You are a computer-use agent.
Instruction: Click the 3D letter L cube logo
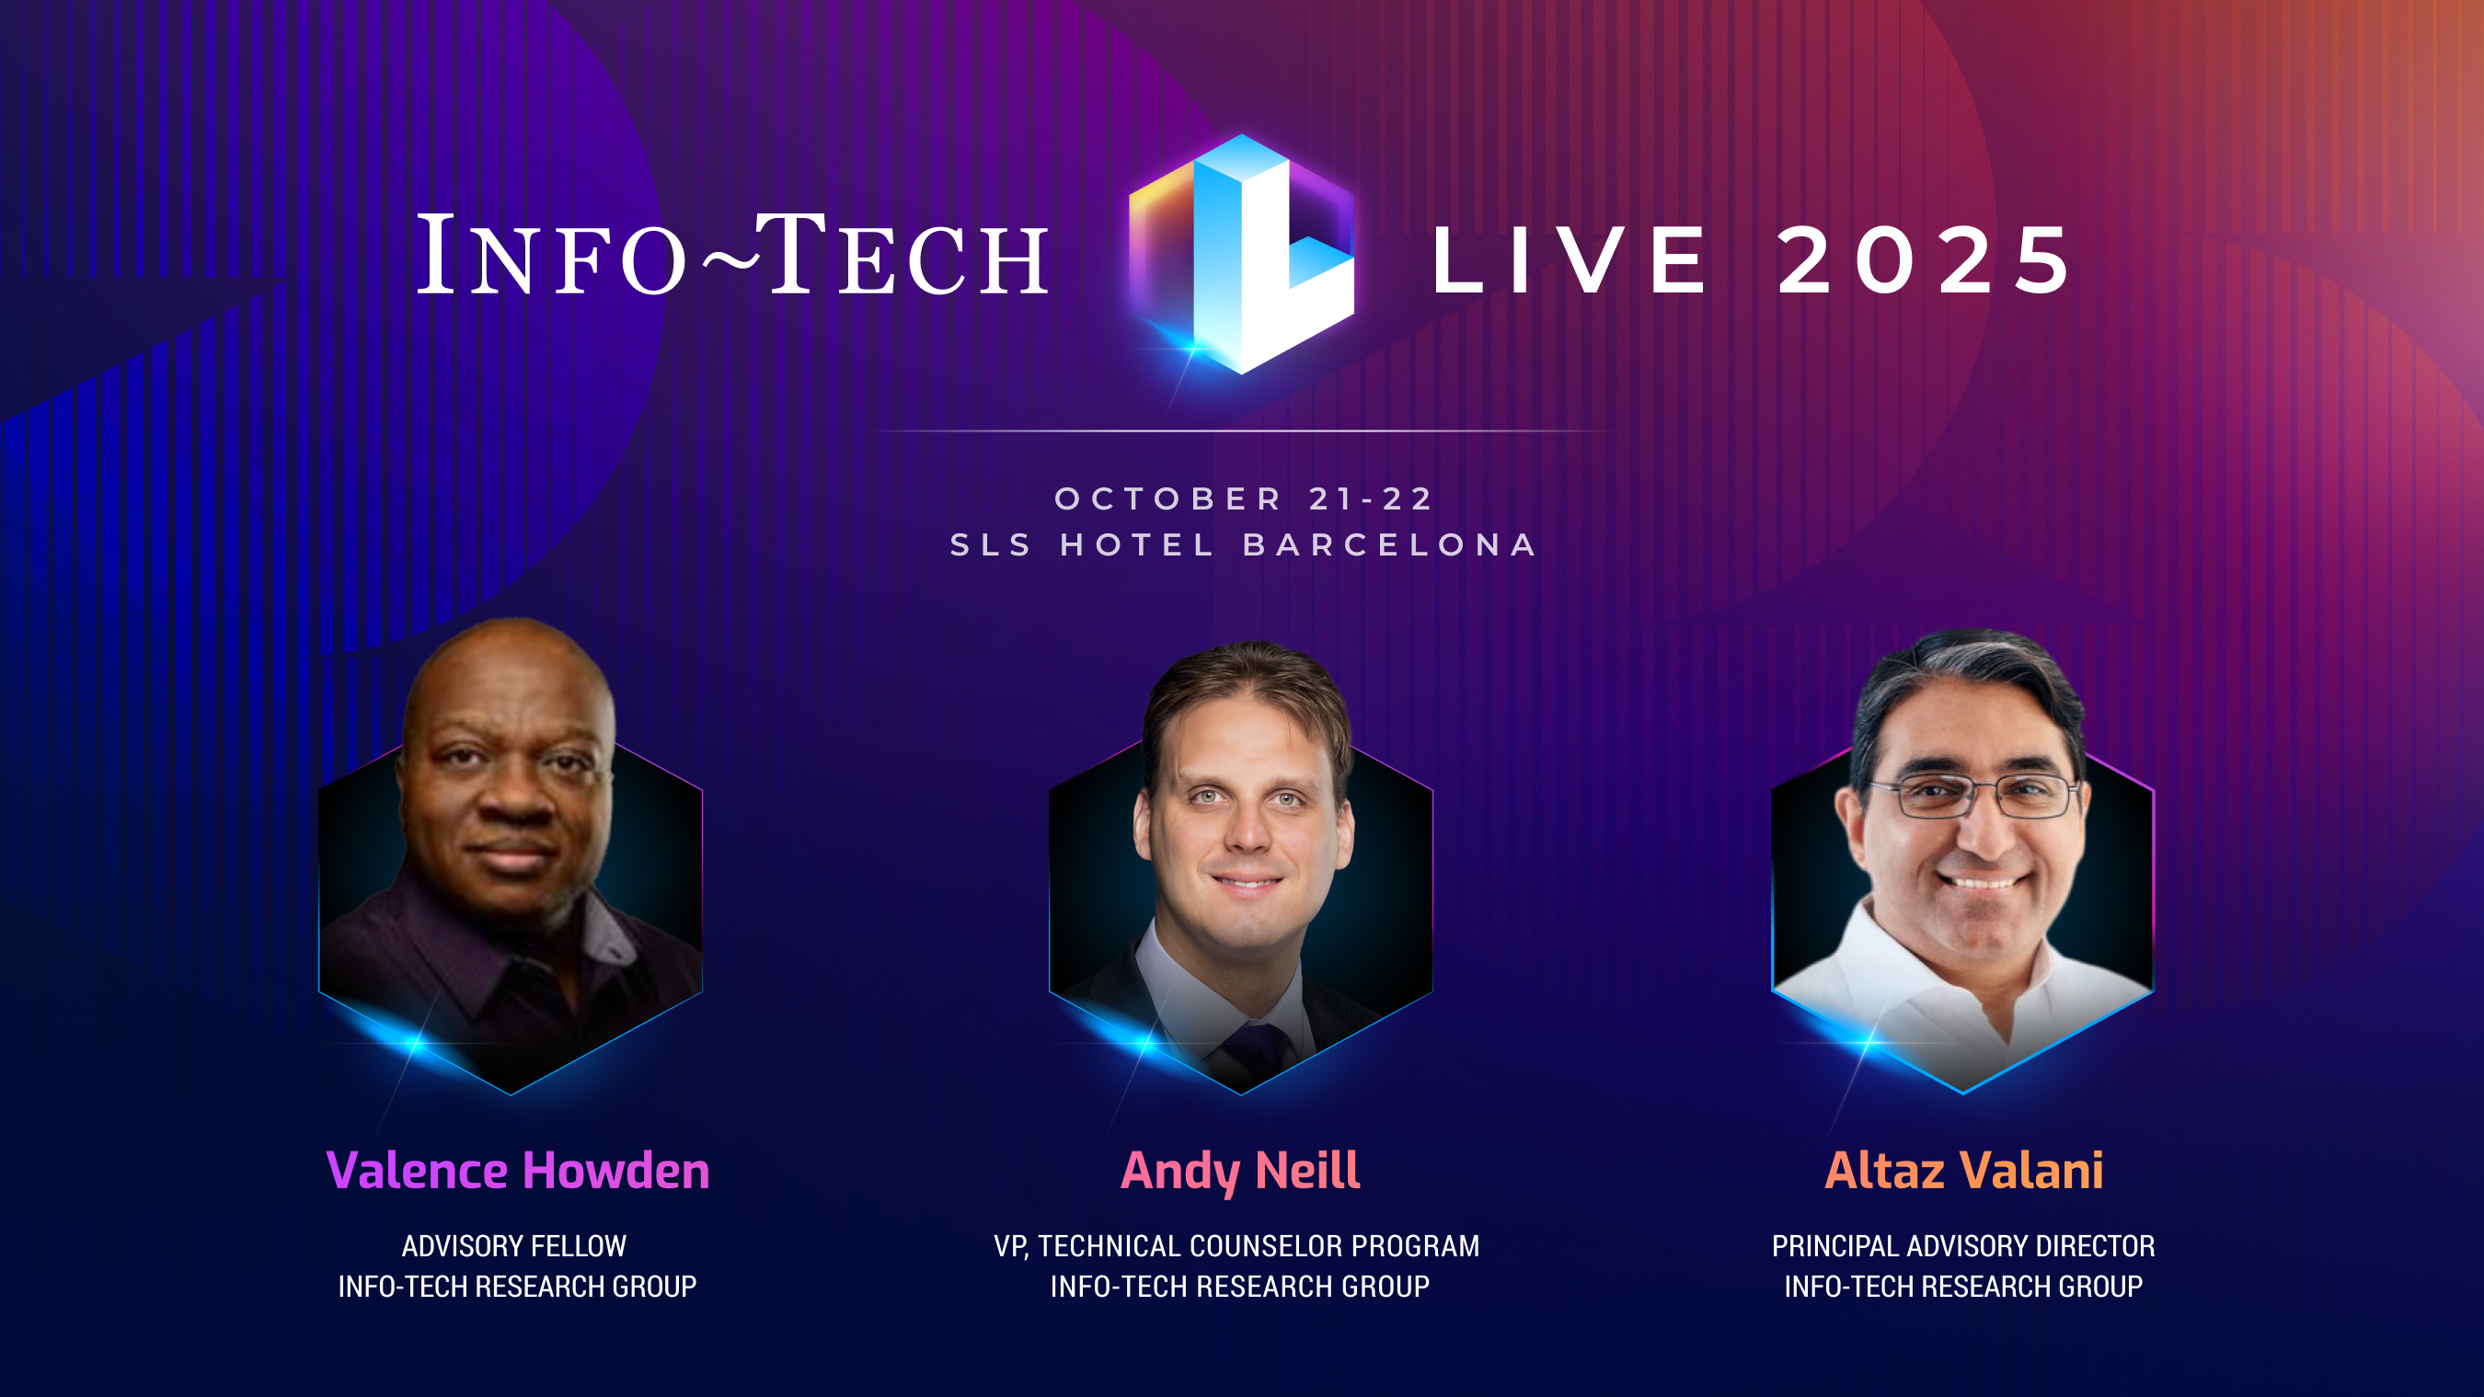tap(1242, 256)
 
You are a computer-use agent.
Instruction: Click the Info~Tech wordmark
tap(733, 257)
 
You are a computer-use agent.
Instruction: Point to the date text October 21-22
tap(1244, 498)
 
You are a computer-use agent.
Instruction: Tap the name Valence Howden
tap(518, 1171)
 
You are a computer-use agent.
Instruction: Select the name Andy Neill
tap(1240, 1171)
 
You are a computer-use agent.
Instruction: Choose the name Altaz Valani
tap(1963, 1171)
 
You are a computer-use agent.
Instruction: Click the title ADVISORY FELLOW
tap(514, 1245)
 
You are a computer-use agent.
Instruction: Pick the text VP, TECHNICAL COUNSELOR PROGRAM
tap(1236, 1245)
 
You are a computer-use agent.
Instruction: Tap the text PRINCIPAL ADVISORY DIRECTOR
tap(1962, 1245)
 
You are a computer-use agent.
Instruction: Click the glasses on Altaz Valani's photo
tap(1972, 796)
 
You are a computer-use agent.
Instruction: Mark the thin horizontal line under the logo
tap(1242, 431)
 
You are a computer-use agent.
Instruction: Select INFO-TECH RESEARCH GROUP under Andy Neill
tap(1239, 1286)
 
